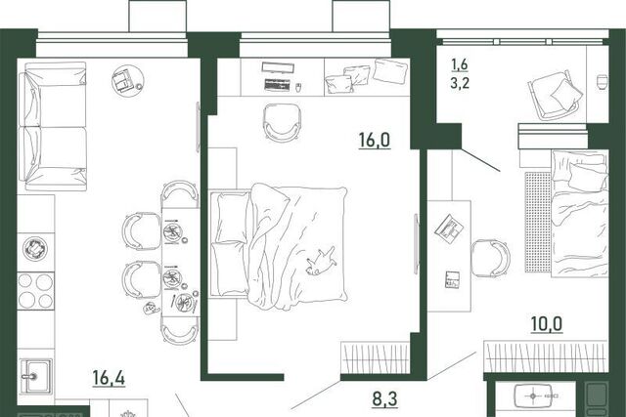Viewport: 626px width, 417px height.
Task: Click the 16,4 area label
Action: pos(109,378)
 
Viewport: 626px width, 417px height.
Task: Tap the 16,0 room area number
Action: pos(374,140)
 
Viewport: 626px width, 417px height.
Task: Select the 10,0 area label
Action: pos(547,323)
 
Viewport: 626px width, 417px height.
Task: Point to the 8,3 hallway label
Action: pos(384,398)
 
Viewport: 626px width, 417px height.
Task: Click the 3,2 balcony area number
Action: pos(460,83)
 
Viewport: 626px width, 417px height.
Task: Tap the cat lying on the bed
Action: pos(321,261)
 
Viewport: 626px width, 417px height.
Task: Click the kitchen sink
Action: pos(36,376)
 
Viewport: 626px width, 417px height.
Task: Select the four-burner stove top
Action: pos(35,291)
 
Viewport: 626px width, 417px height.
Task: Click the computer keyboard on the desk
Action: pos(277,85)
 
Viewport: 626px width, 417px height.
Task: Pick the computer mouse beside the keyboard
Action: pos(297,87)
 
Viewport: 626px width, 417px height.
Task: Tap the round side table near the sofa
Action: pos(128,80)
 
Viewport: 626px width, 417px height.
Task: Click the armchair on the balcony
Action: pos(556,95)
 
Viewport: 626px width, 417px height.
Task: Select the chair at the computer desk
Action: pos(282,122)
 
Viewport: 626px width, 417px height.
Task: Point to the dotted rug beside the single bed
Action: pos(538,222)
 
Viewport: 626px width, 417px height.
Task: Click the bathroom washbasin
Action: pos(533,396)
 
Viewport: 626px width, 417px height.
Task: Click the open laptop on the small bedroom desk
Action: pos(450,229)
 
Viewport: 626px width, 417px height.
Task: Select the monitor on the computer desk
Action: pos(278,67)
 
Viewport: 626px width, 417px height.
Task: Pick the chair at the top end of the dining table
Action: pos(180,193)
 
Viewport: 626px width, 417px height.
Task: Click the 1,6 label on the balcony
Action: pos(460,63)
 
